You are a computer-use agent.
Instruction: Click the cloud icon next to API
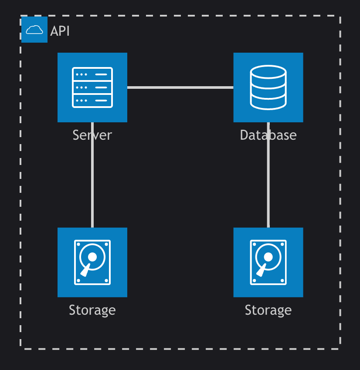pos(34,30)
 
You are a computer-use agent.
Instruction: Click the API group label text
pos(60,31)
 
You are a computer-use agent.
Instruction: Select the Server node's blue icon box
pos(92,87)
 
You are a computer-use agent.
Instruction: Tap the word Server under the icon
pos(92,135)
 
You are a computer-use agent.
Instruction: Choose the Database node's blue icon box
pos(268,87)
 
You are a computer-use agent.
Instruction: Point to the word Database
pos(268,135)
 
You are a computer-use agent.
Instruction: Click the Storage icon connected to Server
pos(92,262)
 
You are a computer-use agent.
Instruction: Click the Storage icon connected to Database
pos(268,262)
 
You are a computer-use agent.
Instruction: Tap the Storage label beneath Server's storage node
pos(92,310)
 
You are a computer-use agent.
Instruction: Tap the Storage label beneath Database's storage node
pos(268,310)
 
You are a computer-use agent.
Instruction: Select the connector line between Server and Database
pos(180,87)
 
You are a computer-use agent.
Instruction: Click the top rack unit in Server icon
pos(92,74)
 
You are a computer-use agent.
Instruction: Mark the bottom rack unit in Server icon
pos(92,101)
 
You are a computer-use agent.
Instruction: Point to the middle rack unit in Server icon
pos(92,87)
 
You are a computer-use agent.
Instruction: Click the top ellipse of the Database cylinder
pos(268,72)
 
